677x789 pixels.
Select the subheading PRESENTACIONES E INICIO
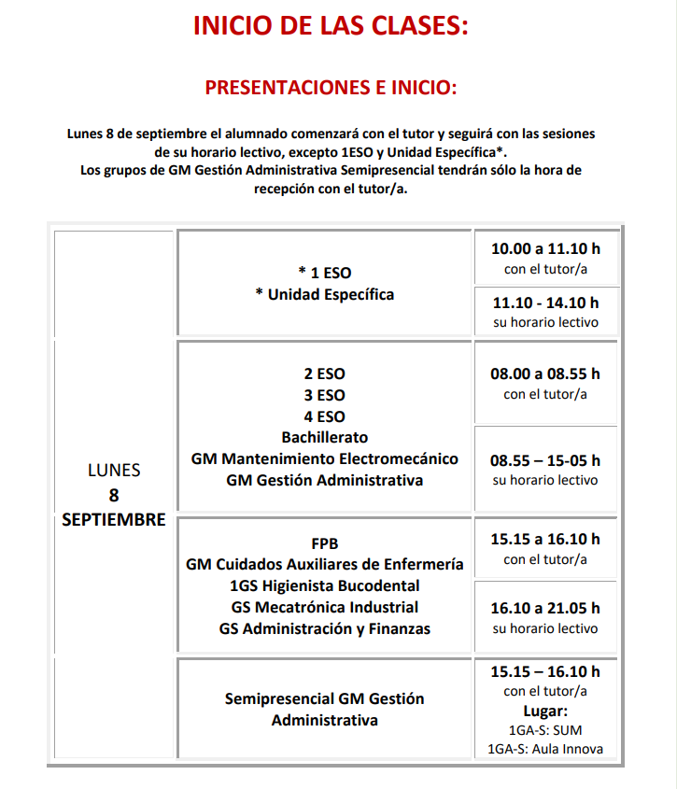331,89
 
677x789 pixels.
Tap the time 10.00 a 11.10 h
545,249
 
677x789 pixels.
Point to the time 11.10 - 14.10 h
545,302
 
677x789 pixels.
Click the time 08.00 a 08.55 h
545,373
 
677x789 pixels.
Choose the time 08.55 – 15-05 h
545,460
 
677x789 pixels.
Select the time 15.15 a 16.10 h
545,539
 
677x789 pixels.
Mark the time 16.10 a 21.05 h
545,608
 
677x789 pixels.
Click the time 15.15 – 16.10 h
545,671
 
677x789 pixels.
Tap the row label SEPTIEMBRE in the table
114,520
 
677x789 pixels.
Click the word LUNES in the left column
114,471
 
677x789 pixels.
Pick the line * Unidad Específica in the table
325,294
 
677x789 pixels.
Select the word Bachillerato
325,437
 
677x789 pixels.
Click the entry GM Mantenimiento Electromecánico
325,458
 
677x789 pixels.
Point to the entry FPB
325,543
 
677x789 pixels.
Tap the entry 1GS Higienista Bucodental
325,585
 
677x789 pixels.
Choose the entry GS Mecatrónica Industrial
325,607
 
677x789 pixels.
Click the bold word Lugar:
545,711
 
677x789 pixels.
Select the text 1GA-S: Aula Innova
545,749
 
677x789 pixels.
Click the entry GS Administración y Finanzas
325,628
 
